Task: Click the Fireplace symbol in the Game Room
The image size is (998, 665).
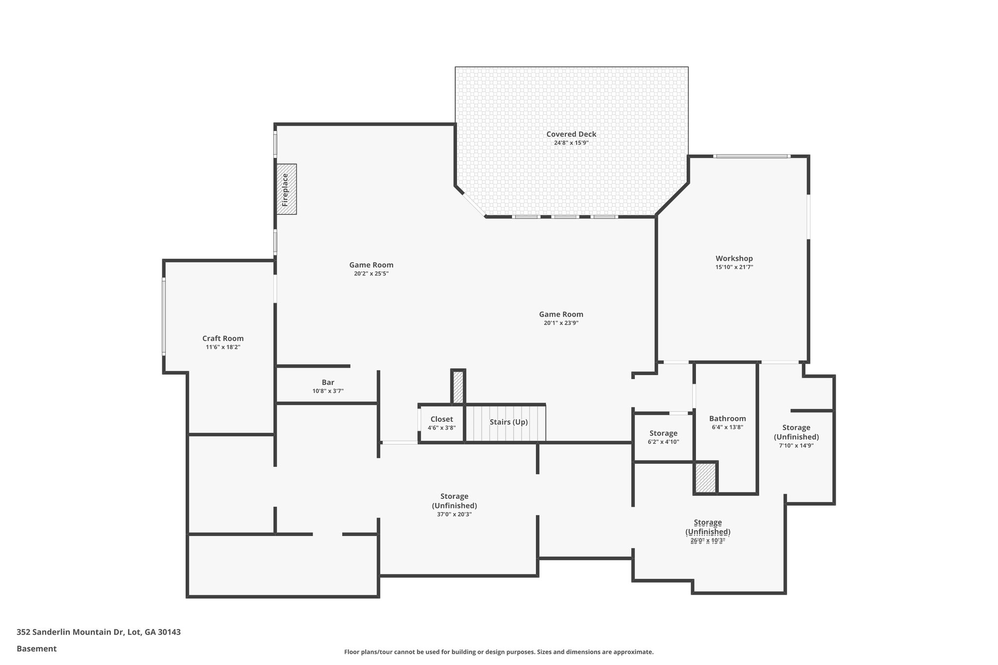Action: click(x=287, y=189)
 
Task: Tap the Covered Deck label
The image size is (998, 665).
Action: click(x=571, y=134)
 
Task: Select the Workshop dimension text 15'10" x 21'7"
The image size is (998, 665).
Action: click(x=734, y=267)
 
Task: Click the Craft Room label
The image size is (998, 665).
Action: click(x=223, y=338)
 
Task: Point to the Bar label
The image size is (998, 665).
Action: click(x=328, y=382)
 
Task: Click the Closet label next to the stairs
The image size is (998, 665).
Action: click(x=441, y=419)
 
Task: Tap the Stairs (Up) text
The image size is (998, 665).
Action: click(x=508, y=422)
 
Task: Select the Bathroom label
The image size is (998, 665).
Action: click(x=727, y=418)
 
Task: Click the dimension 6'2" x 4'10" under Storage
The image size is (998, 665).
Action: click(x=663, y=442)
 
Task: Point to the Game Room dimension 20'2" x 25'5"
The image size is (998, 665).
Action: click(x=371, y=274)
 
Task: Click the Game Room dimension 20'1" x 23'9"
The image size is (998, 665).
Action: click(x=561, y=323)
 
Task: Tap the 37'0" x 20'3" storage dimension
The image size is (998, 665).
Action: click(x=454, y=514)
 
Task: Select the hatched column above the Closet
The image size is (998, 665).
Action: click(x=458, y=387)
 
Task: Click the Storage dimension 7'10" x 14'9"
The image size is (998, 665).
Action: click(x=796, y=445)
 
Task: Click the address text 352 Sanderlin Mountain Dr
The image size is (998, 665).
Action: click(x=98, y=632)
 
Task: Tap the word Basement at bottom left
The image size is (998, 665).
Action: click(x=37, y=649)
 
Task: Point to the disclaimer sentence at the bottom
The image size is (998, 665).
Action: click(x=499, y=652)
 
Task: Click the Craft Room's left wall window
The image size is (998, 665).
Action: click(x=164, y=317)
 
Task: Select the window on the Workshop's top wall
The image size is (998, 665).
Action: click(x=751, y=156)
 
